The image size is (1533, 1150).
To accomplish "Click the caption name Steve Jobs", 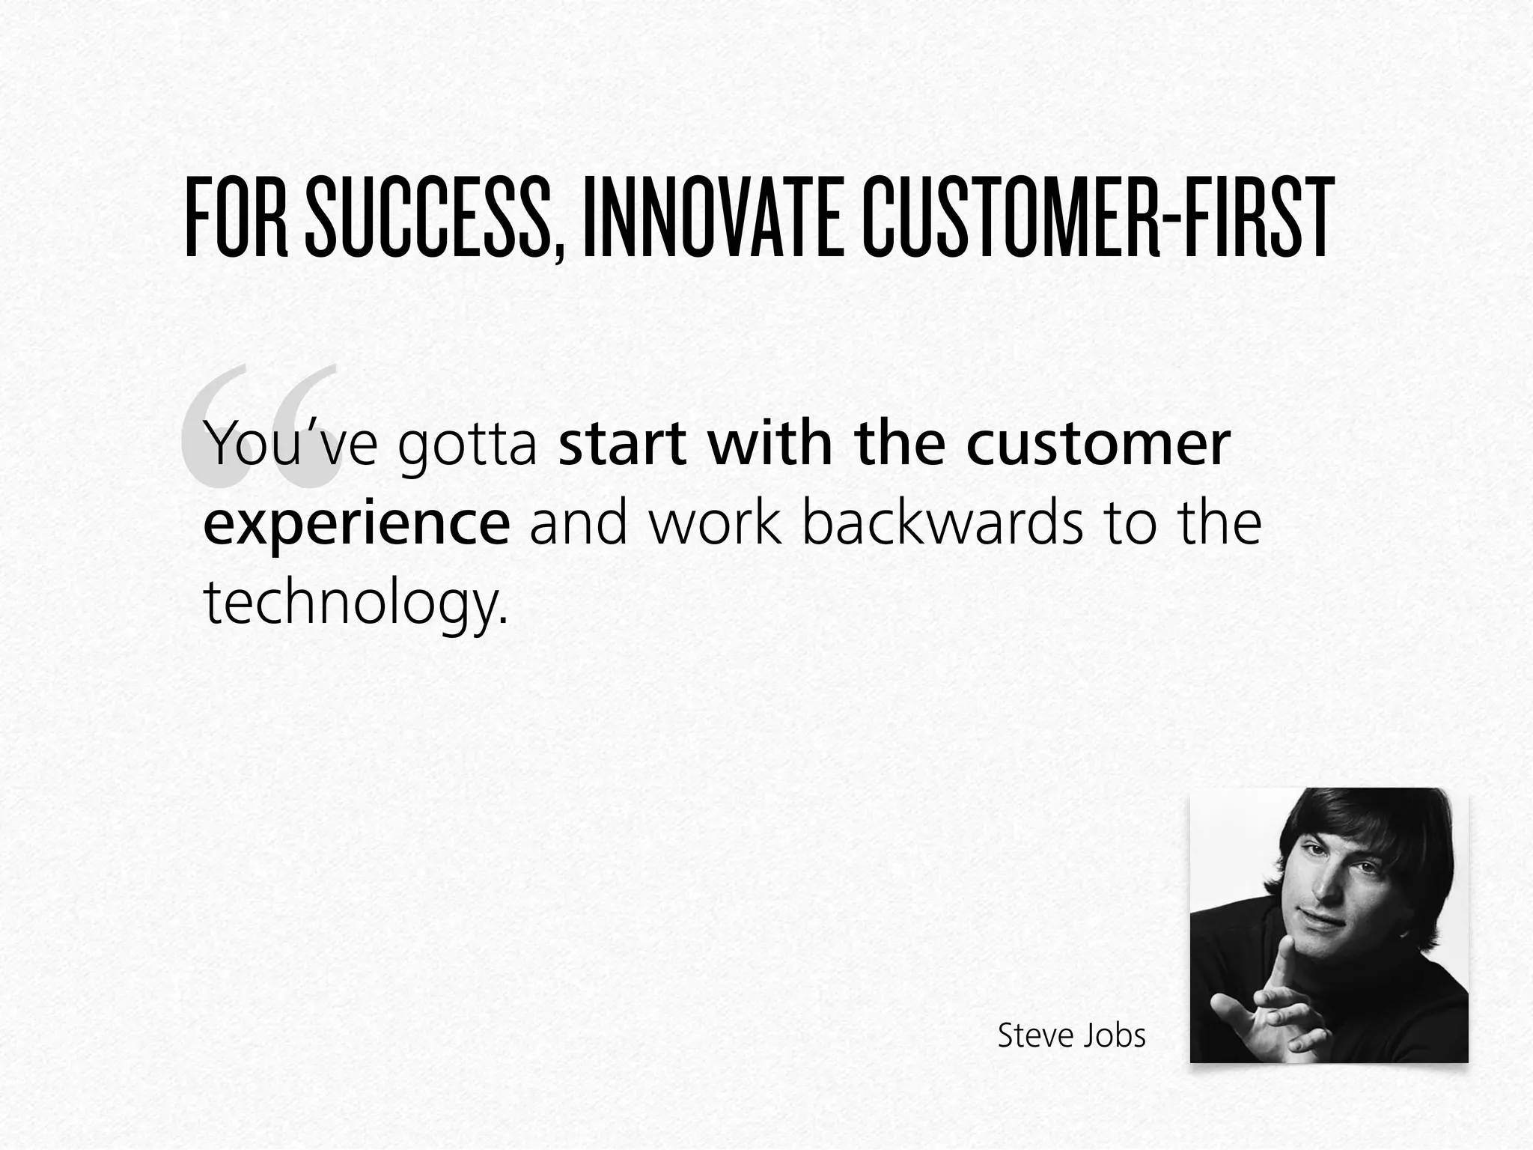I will [x=1071, y=1036].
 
